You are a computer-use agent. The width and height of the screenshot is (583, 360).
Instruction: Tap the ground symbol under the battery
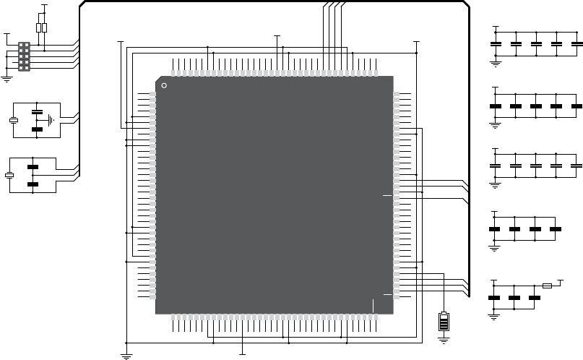(444, 338)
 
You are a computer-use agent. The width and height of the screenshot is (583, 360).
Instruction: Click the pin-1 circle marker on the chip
(164, 86)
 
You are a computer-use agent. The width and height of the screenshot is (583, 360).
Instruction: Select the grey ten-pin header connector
(24, 56)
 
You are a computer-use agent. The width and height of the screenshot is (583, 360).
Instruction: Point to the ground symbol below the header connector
(7, 78)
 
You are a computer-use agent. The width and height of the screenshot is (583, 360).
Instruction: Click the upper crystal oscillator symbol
(12, 120)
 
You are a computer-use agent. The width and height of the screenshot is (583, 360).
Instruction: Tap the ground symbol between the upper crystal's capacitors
(51, 120)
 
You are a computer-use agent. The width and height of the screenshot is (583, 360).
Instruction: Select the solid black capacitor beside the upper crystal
(37, 129)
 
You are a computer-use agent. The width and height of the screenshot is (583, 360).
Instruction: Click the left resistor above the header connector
(38, 28)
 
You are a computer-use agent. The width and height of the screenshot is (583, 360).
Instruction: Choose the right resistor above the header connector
(45, 28)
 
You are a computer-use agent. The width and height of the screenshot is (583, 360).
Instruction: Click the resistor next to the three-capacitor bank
(547, 286)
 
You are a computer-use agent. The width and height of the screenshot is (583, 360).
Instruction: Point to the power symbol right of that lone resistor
(561, 280)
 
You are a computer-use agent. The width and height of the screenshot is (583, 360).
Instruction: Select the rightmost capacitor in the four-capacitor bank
(556, 228)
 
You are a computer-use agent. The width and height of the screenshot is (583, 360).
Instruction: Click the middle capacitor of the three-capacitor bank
(515, 297)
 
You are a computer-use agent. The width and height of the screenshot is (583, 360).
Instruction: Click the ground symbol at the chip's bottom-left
(126, 354)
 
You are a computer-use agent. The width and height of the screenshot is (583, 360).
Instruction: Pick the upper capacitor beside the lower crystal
(33, 168)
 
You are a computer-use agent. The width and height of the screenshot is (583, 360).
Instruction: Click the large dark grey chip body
(275, 195)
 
